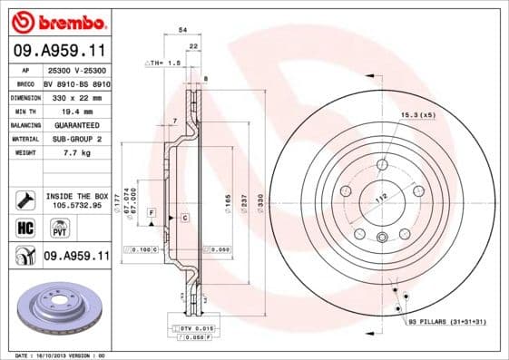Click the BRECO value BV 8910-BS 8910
click(x=76, y=83)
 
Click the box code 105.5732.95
click(x=76, y=205)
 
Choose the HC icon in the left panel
click(x=24, y=227)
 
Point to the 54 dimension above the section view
click(x=183, y=30)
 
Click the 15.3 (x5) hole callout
click(x=417, y=115)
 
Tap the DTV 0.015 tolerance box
click(x=194, y=326)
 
